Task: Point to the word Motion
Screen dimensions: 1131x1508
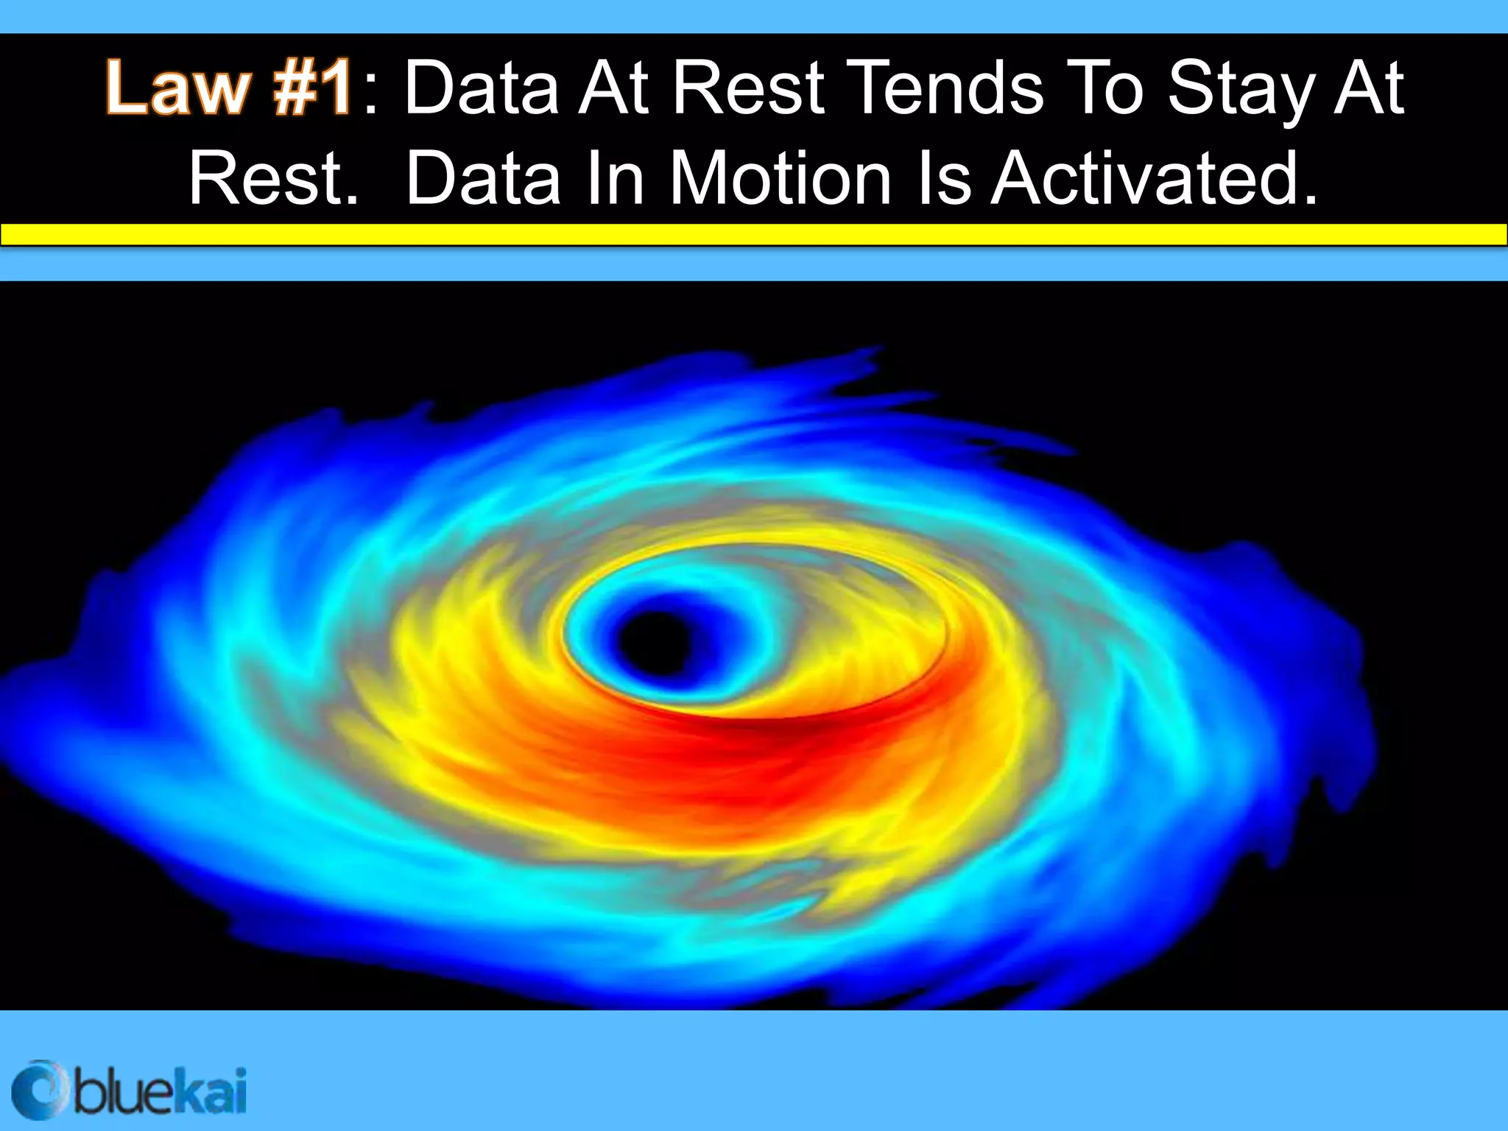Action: [x=780, y=179]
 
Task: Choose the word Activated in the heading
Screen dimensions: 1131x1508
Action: [x=1153, y=179]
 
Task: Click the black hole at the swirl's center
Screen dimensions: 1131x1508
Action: [x=655, y=641]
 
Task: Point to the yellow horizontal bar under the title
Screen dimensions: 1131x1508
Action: [x=754, y=234]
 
